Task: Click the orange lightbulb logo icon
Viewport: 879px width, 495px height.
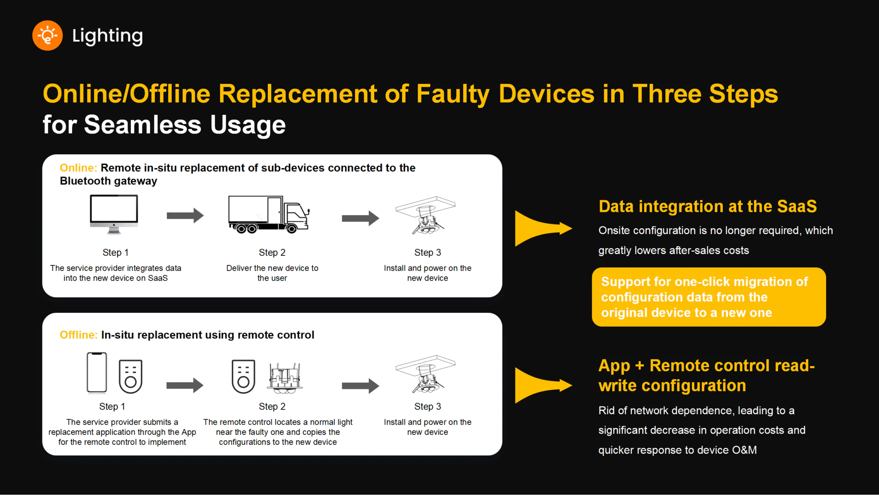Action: [47, 36]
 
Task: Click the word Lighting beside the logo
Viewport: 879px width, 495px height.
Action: [107, 36]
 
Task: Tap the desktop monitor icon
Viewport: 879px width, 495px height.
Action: [114, 214]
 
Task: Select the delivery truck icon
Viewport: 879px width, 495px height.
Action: [269, 214]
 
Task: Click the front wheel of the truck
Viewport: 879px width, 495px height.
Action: [291, 229]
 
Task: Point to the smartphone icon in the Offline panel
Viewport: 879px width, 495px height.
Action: [97, 373]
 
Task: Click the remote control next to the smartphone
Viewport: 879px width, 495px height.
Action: [130, 376]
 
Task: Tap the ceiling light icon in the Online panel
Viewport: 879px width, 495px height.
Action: [425, 215]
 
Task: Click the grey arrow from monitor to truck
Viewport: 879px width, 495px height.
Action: [185, 215]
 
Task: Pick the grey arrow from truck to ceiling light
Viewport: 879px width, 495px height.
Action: [360, 218]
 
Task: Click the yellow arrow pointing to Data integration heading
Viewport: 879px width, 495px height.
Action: [542, 228]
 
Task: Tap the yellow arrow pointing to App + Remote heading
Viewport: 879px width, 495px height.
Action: [542, 385]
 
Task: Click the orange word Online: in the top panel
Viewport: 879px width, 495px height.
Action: [78, 168]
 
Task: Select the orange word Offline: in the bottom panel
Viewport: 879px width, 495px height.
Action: [79, 335]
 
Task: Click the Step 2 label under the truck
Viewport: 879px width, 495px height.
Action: [272, 252]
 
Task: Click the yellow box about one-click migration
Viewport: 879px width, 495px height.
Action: [709, 297]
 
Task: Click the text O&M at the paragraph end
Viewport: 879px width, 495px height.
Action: [744, 450]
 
